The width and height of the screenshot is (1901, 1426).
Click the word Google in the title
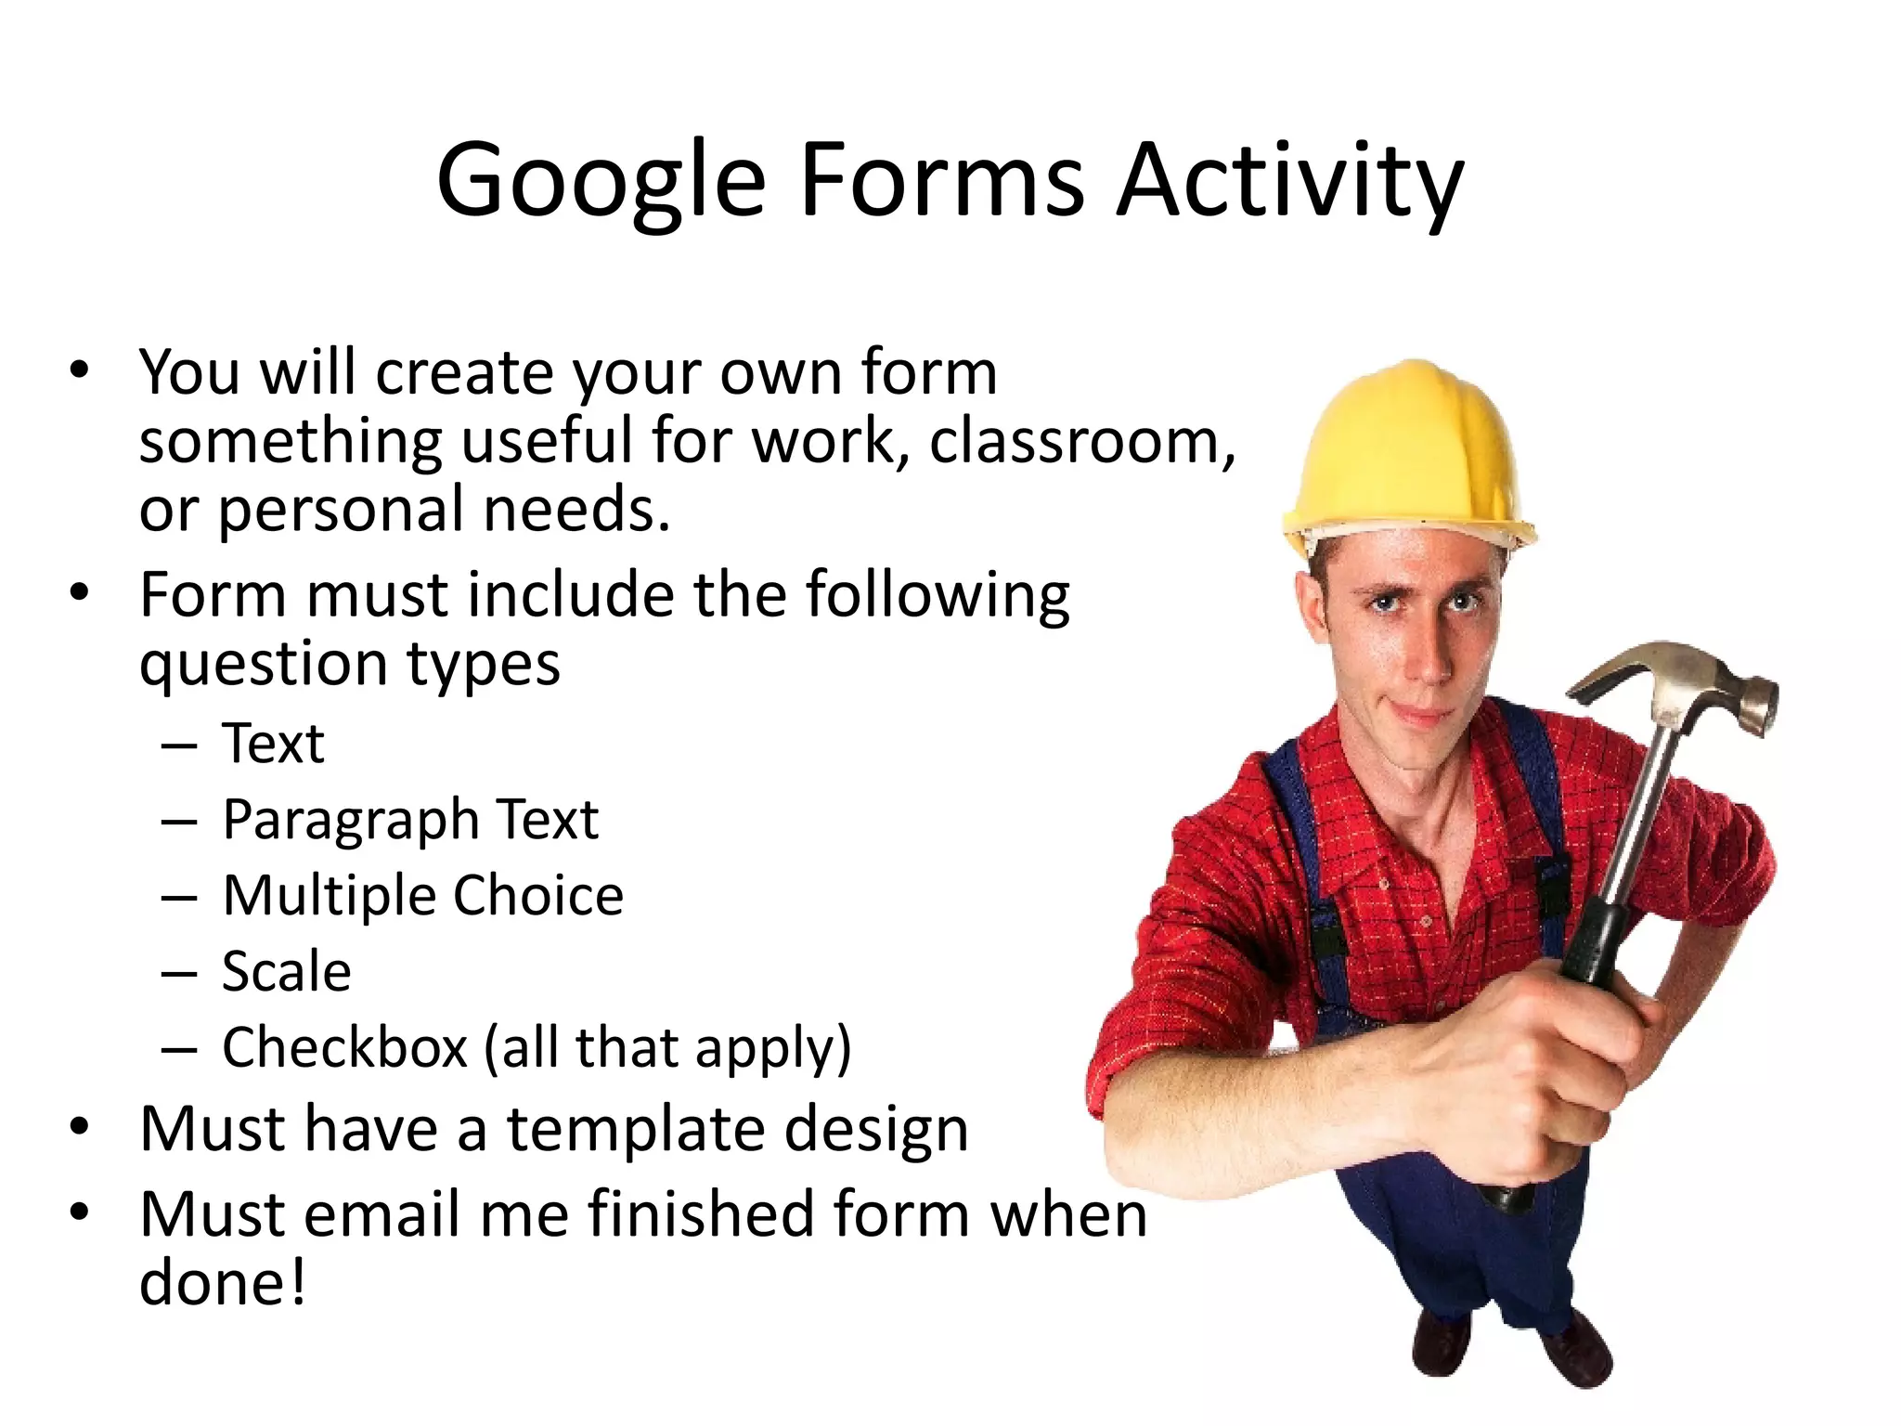601,180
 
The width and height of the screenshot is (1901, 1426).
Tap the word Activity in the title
1290,180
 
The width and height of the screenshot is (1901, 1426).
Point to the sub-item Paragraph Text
410,821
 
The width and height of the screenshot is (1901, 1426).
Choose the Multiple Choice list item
423,897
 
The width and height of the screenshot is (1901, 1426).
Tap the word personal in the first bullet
341,511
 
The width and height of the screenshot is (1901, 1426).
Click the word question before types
264,665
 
